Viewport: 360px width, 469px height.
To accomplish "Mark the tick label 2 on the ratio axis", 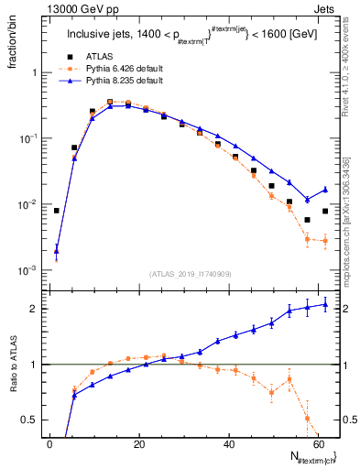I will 34,309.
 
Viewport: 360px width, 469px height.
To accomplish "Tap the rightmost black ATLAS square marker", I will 324,211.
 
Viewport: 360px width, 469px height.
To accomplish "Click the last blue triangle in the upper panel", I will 324,190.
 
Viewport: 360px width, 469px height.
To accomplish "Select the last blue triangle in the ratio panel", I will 324,305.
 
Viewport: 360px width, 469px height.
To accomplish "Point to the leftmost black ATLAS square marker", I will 57,211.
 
